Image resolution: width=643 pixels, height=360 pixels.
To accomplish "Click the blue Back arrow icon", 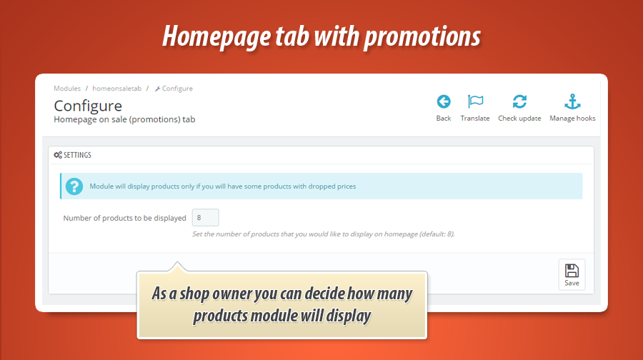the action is coord(443,101).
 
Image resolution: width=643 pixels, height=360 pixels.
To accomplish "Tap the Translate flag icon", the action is coord(475,101).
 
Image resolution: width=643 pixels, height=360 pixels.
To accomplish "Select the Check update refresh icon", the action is coord(519,101).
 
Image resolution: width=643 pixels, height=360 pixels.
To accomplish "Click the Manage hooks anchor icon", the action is coord(572,101).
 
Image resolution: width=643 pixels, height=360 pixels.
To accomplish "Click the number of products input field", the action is coord(206,218).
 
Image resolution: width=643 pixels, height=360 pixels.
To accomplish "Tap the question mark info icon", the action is coord(74,186).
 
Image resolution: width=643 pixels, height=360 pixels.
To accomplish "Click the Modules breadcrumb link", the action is coord(67,89).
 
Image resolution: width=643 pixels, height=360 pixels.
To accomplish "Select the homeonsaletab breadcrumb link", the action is coord(117,89).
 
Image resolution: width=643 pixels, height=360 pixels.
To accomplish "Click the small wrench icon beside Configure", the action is coord(157,89).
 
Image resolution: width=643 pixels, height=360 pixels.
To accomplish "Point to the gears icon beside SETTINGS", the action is coord(58,155).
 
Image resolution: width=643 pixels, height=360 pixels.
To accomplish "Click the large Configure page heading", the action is coord(88,106).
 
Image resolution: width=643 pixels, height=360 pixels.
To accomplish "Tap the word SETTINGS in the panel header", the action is coord(77,155).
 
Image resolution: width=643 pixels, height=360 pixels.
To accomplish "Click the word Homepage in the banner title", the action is coord(216,37).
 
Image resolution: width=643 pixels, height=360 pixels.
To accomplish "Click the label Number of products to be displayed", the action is coord(124,218).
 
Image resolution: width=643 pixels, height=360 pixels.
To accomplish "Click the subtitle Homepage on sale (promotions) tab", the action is coord(124,120).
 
